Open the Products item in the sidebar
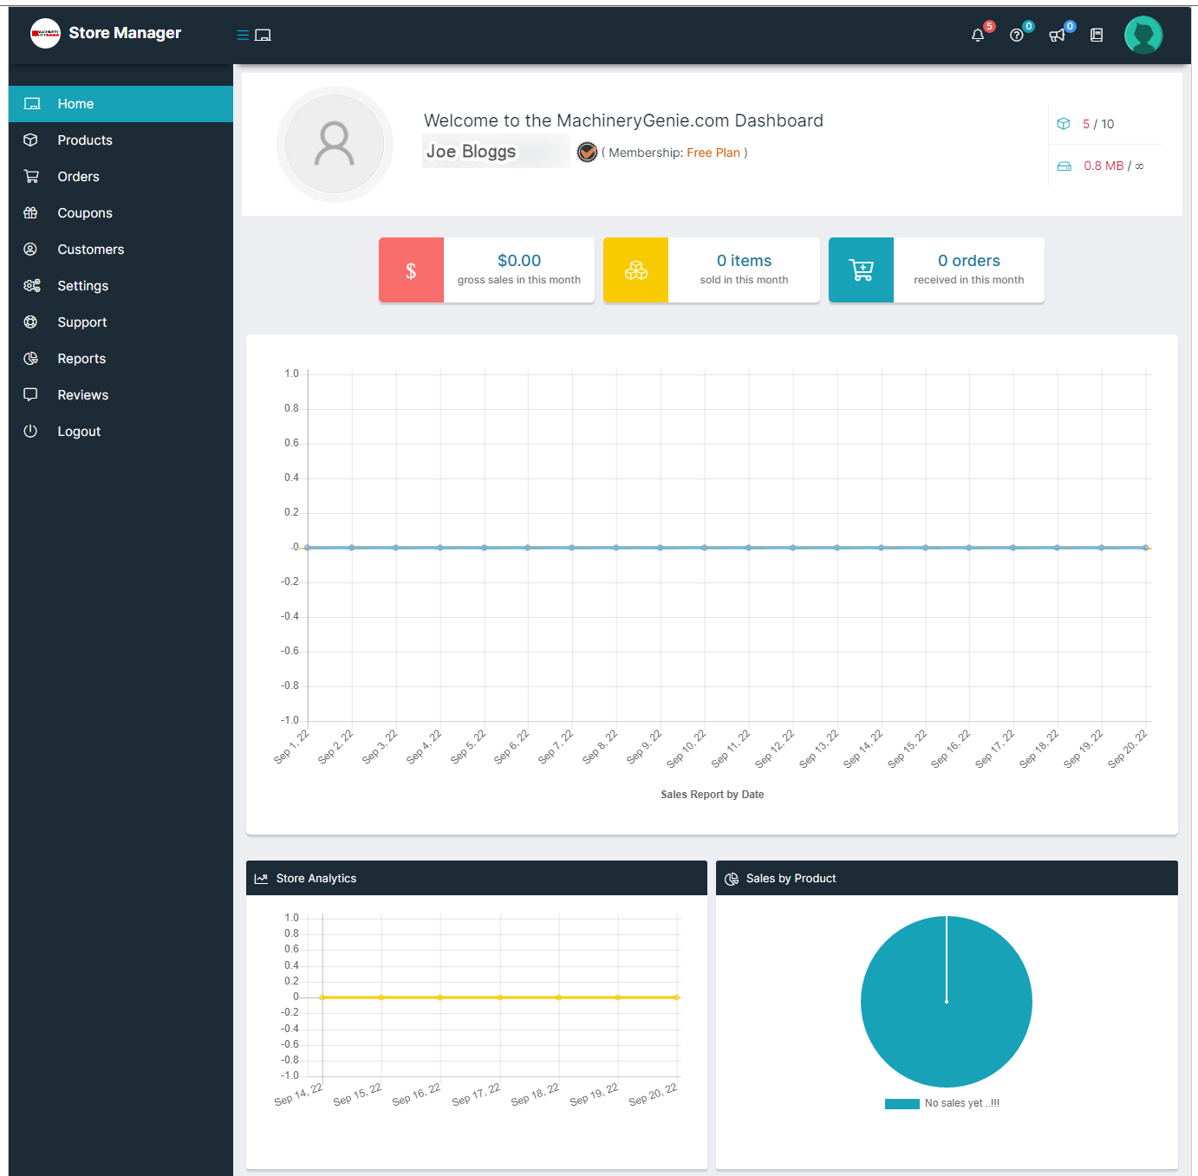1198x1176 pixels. click(85, 140)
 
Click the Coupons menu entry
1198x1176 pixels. click(85, 212)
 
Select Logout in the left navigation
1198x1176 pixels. click(79, 432)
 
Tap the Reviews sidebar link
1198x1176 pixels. click(82, 394)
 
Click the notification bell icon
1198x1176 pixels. click(977, 36)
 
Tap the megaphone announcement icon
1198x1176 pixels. click(1056, 36)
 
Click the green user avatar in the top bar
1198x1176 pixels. click(1143, 35)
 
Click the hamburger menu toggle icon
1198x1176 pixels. click(243, 35)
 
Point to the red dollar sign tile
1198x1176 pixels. click(411, 270)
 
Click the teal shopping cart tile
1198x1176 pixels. click(861, 270)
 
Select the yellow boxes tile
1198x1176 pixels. click(635, 270)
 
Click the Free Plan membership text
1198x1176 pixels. click(713, 153)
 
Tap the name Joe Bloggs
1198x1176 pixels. click(471, 151)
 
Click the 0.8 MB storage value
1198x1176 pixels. click(1104, 166)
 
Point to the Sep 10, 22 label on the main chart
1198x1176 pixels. click(687, 749)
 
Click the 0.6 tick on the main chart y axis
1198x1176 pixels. click(291, 443)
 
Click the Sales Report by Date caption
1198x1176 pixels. click(712, 795)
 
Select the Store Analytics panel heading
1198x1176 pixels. click(316, 878)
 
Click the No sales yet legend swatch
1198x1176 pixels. click(902, 1104)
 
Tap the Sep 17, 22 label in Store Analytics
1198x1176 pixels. click(476, 1095)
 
